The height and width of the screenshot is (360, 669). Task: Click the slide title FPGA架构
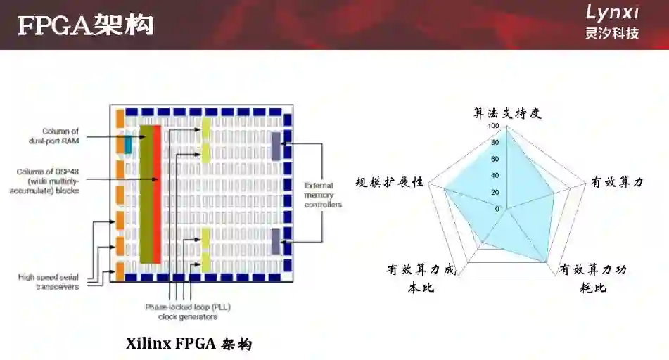[x=85, y=25]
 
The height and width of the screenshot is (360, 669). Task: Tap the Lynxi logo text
[x=612, y=12]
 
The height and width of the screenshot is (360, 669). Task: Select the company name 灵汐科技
[x=612, y=33]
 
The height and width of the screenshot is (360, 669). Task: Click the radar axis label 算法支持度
[x=506, y=112]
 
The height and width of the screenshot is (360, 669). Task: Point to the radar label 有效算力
[x=616, y=182]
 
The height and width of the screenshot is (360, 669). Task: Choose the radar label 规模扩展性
[x=390, y=182]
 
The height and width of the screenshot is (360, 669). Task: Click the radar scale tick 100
[x=492, y=127]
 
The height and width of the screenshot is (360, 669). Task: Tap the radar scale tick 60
[x=495, y=160]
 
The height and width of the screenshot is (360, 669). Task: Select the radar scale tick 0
[x=497, y=209]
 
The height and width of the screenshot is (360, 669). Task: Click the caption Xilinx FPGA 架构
[x=189, y=344]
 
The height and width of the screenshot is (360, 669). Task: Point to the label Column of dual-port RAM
[x=60, y=136]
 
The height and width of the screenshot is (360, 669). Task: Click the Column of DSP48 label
[x=49, y=181]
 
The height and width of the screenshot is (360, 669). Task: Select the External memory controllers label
[x=323, y=195]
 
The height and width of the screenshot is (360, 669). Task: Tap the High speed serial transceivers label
[x=49, y=281]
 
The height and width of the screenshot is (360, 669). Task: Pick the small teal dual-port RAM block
[x=128, y=144]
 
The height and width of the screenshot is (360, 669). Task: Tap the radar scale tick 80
[x=495, y=143]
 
